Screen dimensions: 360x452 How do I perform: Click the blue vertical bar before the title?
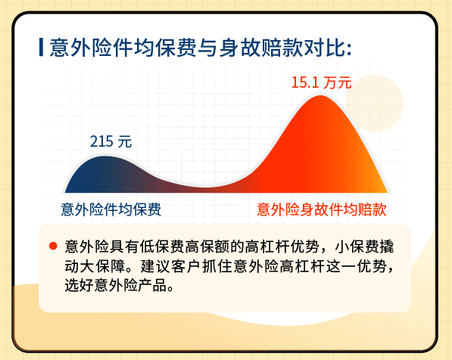click(41, 48)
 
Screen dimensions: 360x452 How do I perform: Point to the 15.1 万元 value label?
click(322, 82)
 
